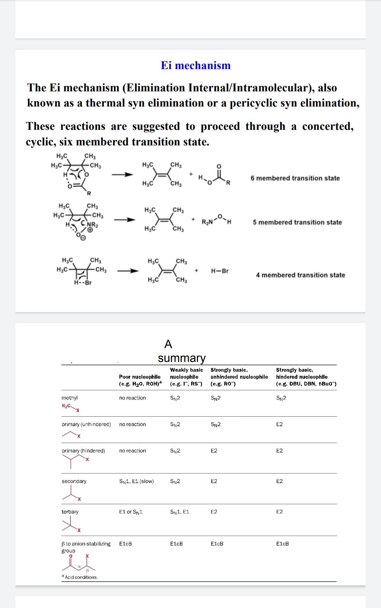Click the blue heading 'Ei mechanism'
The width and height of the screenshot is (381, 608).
tap(196, 65)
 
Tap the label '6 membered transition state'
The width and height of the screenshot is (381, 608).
tap(295, 178)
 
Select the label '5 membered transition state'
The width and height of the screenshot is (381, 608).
tap(297, 222)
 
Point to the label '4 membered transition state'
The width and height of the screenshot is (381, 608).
tap(300, 275)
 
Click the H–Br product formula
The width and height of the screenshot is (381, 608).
tap(220, 271)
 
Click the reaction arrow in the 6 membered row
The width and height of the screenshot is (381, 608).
tap(122, 174)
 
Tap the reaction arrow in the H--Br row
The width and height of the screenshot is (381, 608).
tap(128, 271)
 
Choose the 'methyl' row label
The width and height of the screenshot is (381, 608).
tap(69, 398)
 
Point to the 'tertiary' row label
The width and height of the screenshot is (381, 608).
tap(70, 512)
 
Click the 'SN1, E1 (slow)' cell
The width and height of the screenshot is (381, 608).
tap(137, 481)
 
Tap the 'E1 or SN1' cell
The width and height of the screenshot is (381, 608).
tap(131, 512)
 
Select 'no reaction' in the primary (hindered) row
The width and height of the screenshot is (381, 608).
tap(132, 451)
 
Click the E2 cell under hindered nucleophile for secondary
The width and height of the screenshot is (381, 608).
tap(279, 481)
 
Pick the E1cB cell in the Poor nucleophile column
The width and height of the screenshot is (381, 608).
tap(126, 544)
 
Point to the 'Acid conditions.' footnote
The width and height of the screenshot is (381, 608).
tap(81, 577)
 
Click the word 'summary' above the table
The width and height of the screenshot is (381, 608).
tap(182, 358)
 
